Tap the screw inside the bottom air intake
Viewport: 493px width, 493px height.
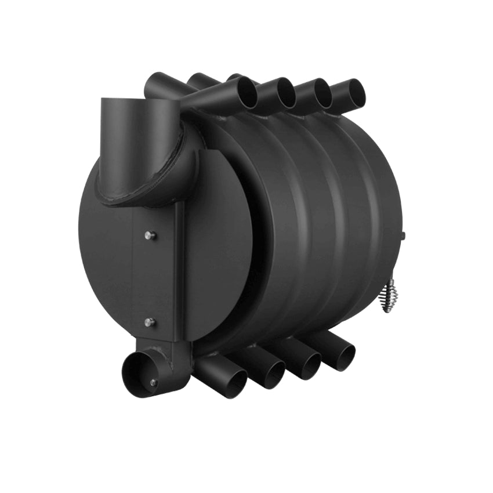pos(153,382)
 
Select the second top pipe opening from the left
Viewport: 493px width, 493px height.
pos(285,92)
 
